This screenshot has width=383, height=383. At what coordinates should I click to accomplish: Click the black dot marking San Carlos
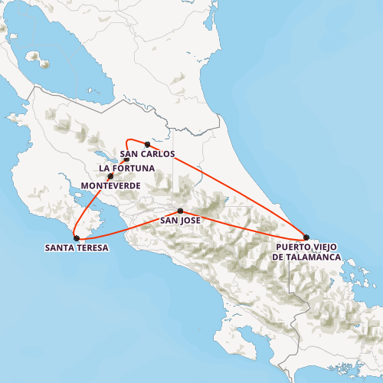click(147, 144)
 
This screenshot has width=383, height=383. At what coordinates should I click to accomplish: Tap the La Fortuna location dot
click(126, 160)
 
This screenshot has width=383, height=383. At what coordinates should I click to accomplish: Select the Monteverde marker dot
click(110, 177)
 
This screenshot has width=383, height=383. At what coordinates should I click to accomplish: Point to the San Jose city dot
click(180, 211)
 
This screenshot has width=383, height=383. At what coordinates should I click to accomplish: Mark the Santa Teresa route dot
click(76, 238)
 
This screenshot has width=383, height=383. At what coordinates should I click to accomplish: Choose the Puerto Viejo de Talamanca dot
click(306, 237)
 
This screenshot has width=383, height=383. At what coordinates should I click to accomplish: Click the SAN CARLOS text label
click(147, 154)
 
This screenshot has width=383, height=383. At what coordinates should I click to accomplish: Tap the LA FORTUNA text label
click(126, 169)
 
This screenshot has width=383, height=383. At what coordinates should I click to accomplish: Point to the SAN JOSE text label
click(180, 221)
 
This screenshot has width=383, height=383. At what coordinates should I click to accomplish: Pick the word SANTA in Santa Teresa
click(60, 248)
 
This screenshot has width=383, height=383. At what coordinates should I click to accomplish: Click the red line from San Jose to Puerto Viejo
click(245, 224)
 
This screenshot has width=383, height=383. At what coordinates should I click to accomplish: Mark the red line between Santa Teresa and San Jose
click(126, 224)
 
